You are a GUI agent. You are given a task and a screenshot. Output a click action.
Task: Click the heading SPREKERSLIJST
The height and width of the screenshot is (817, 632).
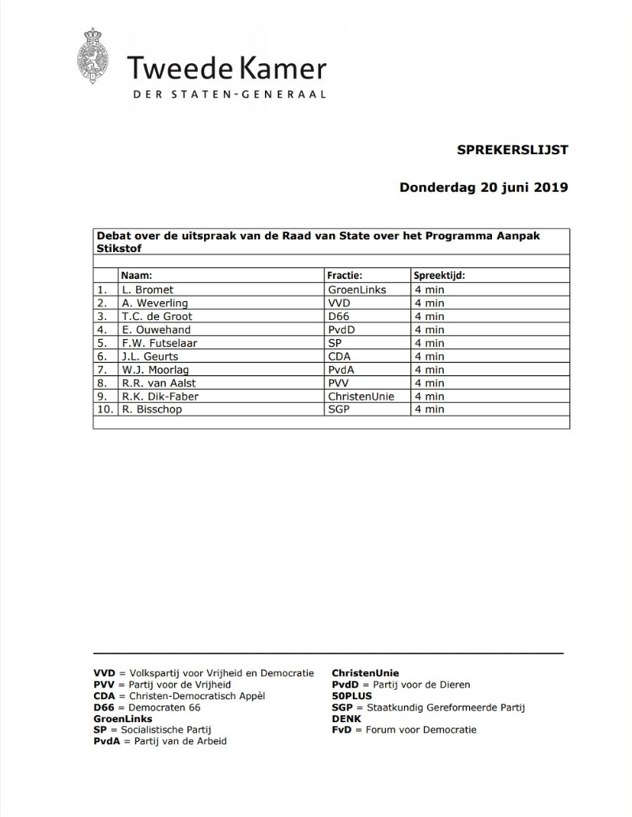tap(513, 149)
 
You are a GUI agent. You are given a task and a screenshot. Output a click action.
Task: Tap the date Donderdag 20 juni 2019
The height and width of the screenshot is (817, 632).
tap(483, 188)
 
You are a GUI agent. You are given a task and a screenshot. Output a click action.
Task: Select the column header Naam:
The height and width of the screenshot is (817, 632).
tap(136, 277)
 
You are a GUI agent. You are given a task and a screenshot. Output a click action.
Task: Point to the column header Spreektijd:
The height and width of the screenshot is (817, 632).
tap(439, 277)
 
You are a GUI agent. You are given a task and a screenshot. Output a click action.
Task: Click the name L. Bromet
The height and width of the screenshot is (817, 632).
tap(147, 290)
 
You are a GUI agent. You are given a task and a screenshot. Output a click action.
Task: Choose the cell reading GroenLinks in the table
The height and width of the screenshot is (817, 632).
tap(357, 290)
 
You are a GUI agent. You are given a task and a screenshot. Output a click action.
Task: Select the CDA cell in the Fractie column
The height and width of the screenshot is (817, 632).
tap(339, 356)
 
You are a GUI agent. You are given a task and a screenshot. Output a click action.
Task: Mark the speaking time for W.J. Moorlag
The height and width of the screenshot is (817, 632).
tap(430, 370)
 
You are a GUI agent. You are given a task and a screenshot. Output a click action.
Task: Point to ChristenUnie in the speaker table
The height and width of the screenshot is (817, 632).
tap(361, 396)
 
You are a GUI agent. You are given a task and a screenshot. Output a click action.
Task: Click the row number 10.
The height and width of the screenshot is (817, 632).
tap(103, 409)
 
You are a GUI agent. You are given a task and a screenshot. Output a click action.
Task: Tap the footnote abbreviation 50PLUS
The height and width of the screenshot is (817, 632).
tap(352, 696)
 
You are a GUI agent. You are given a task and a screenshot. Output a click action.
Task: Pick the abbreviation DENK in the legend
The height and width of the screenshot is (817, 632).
tap(346, 719)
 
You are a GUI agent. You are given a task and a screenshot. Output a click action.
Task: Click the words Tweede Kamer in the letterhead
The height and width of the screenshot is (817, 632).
tap(226, 69)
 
